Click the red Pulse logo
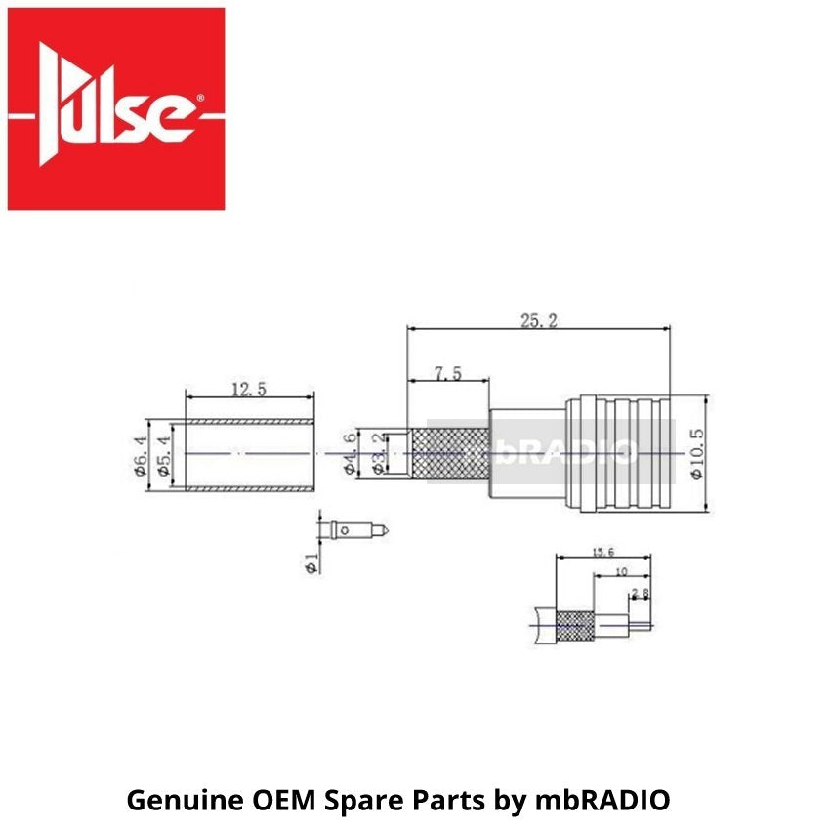[116, 108]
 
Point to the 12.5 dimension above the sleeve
[249, 389]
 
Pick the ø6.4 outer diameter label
[142, 455]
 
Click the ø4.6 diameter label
[352, 453]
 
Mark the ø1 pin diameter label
[311, 563]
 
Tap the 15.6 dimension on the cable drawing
[603, 553]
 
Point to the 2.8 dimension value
[641, 593]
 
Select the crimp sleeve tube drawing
[249, 454]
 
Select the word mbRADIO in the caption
[603, 801]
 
